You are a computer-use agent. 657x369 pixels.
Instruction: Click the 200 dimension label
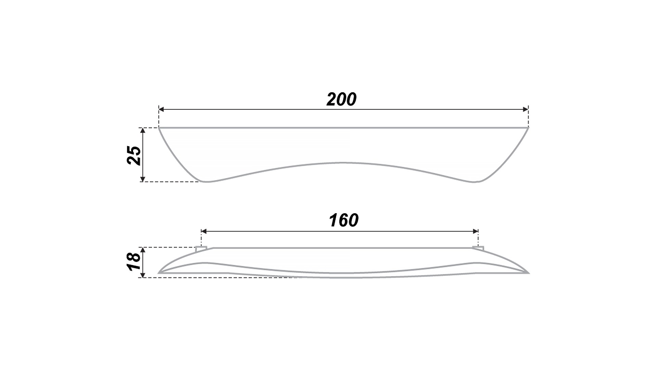(x=342, y=99)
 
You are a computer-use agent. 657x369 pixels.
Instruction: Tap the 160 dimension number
(x=344, y=220)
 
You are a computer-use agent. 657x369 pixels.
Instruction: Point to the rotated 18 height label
(x=134, y=262)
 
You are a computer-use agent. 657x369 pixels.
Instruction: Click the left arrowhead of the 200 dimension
(x=162, y=109)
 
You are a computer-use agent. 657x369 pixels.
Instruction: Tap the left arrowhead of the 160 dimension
(x=204, y=231)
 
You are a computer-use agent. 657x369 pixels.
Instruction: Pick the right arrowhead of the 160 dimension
(x=475, y=231)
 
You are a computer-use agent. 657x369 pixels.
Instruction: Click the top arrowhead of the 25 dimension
(x=143, y=131)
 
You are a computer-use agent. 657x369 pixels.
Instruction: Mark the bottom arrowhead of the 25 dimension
(x=143, y=179)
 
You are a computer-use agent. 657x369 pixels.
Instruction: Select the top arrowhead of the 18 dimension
(x=143, y=250)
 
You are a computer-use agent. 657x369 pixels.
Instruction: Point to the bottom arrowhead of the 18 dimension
(x=143, y=275)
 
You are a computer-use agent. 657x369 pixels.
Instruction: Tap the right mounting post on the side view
(x=478, y=249)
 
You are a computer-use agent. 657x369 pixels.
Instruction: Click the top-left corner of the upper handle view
(x=159, y=128)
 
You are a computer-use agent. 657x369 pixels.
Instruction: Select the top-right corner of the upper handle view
(x=529, y=128)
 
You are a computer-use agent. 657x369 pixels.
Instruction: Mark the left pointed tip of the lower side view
(x=158, y=273)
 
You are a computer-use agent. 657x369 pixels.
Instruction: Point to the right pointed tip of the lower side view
(x=529, y=273)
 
